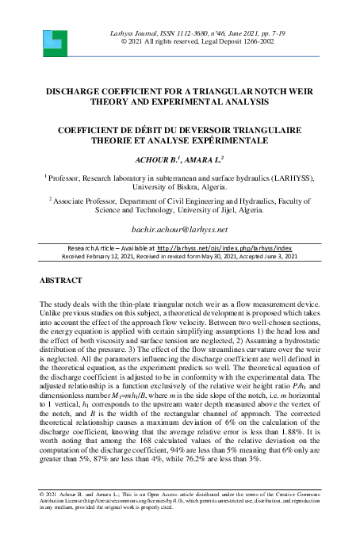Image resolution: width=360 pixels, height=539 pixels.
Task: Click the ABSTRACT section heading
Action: tap(63, 281)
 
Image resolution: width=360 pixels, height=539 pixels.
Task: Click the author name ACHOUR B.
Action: tap(153, 159)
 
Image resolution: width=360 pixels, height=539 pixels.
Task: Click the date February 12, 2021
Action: tap(111, 257)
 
